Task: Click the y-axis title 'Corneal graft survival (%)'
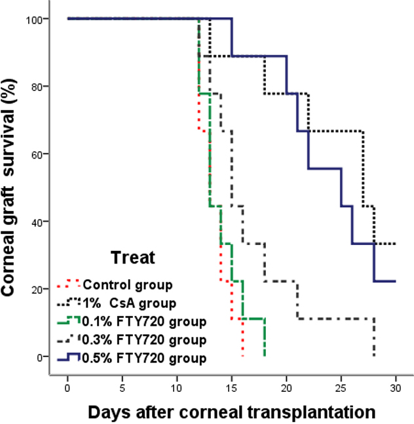pos(14,190)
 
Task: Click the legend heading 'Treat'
pos(132,258)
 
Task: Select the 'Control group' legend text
pos(127,285)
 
